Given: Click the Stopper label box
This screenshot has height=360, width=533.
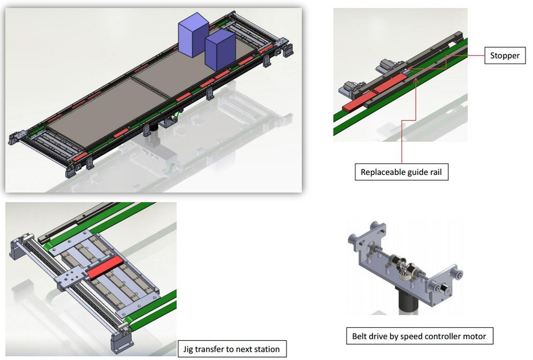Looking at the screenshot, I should [x=505, y=56].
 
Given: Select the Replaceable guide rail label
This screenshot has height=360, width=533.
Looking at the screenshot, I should [x=402, y=172].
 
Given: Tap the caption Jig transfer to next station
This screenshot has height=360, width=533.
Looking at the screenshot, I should [x=231, y=349].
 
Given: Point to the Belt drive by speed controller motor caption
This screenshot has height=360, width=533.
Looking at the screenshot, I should [x=419, y=336].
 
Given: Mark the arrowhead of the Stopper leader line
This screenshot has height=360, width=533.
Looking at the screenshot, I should [x=407, y=71].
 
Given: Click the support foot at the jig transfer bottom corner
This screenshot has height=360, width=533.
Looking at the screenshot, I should [x=121, y=342].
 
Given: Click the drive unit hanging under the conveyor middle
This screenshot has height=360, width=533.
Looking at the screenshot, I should [x=168, y=120].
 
